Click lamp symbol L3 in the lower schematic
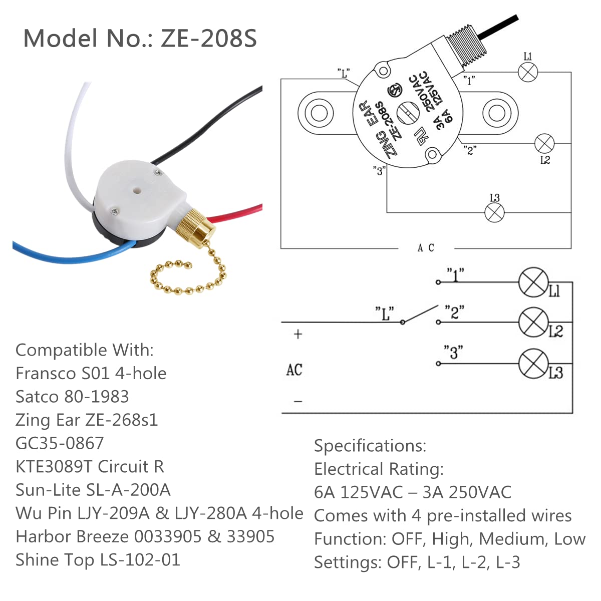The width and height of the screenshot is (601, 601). pos(533,364)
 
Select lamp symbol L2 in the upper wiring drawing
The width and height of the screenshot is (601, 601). pos(544,144)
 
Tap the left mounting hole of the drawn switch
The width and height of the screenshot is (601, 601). pos(319,113)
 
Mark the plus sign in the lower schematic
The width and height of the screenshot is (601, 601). pos(298,334)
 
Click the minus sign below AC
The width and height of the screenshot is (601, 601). pos(298,401)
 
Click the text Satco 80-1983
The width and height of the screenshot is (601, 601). pos(72,397)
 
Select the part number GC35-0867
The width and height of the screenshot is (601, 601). pos(60,443)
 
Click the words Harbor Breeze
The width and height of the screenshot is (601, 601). pos(72,536)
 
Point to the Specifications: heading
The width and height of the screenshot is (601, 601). pos(370,445)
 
